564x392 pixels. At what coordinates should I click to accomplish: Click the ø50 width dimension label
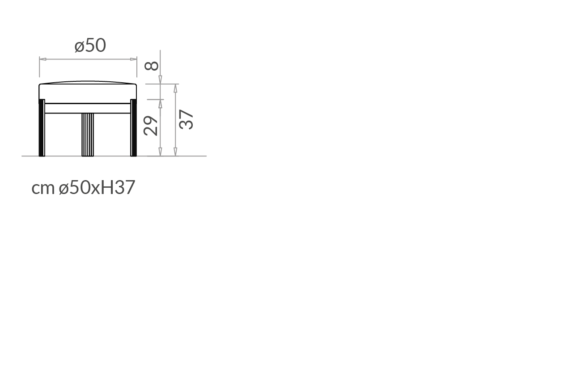[x=90, y=46]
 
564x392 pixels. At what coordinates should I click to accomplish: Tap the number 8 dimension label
[x=151, y=66]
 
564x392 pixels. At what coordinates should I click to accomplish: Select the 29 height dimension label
[x=150, y=126]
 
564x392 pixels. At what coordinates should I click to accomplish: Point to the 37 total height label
[x=186, y=119]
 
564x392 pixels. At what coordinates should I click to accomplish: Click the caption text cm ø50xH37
[x=83, y=187]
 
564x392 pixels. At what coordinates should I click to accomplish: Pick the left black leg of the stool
[x=42, y=128]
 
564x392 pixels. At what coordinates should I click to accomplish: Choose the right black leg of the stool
[x=133, y=128]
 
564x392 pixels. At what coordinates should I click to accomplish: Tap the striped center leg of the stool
[x=88, y=135]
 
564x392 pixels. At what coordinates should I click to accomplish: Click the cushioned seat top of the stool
[x=88, y=92]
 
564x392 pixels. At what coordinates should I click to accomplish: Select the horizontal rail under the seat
[x=88, y=108]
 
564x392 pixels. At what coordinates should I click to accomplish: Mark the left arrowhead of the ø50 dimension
[x=43, y=59]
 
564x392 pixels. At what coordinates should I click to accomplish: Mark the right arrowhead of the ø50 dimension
[x=133, y=59]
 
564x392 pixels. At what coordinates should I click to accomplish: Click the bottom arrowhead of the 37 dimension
[x=175, y=152]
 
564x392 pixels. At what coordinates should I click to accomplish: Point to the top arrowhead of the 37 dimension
[x=175, y=89]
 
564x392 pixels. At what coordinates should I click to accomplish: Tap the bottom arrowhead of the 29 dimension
[x=160, y=152]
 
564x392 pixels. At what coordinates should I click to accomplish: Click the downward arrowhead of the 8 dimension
[x=160, y=80]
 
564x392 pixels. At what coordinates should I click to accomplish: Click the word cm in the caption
[x=43, y=188]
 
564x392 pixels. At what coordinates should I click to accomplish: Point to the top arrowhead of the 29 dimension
[x=160, y=104]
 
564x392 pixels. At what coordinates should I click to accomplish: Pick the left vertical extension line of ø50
[x=39, y=67]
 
